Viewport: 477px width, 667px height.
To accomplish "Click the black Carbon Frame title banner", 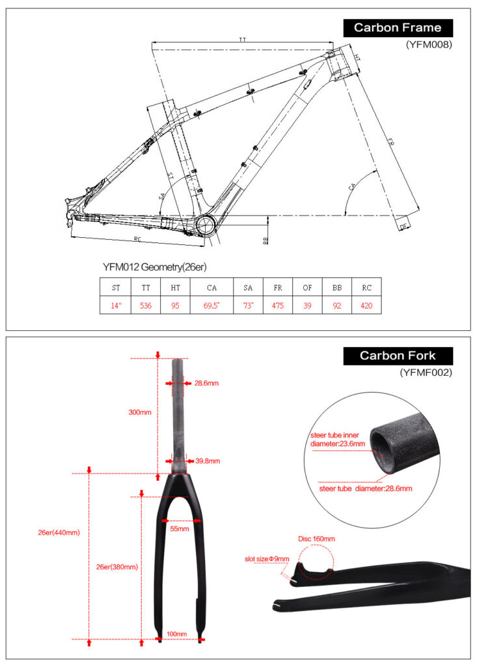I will tap(398, 27).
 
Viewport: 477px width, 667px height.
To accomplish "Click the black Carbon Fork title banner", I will tap(398, 356).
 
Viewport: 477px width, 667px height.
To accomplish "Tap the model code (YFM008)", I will tap(428, 45).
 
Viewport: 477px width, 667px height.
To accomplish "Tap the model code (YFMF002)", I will tap(426, 373).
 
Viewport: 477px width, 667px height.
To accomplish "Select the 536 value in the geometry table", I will tap(145, 305).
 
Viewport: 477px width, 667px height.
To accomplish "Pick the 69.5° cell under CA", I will tap(211, 305).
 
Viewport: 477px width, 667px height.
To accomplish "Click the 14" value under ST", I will tap(116, 305).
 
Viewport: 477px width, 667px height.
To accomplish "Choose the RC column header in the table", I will tap(366, 287).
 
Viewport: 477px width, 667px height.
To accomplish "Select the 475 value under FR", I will tap(278, 305).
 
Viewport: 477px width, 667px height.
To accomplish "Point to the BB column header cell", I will tap(336, 287).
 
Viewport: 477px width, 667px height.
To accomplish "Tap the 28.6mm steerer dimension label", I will tap(206, 383).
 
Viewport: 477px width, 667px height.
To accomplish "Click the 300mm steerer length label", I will tap(140, 412).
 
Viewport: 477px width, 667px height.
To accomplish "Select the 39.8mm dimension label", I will tap(208, 461).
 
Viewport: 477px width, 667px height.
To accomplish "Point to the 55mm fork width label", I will tap(180, 529).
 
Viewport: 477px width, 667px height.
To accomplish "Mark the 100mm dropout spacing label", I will tap(177, 634).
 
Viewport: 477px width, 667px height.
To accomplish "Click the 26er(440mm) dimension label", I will tap(59, 532).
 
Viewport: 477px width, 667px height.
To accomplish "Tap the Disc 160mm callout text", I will tap(316, 539).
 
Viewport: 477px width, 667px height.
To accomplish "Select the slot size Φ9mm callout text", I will tap(267, 559).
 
